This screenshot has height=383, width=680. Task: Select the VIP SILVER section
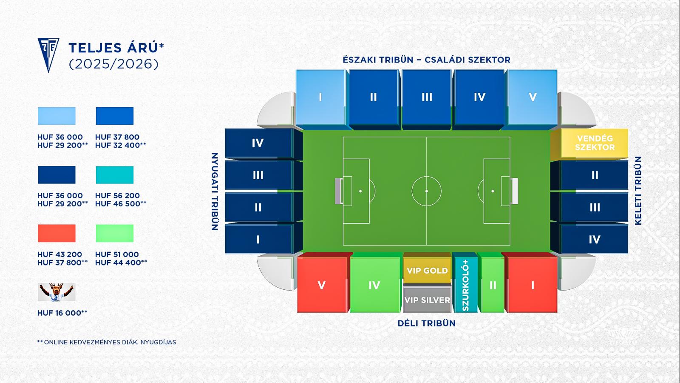427,300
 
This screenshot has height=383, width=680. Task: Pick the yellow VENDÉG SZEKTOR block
595,143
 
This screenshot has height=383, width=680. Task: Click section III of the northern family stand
427,97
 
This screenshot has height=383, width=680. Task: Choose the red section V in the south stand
322,285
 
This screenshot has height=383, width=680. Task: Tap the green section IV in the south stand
375,285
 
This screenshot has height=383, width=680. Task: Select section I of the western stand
258,239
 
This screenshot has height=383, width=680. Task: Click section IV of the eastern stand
595,239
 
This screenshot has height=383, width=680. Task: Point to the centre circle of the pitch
427,191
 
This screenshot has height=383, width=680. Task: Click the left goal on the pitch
338,191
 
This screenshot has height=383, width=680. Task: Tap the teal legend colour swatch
115,175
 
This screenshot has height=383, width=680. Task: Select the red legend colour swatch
57,233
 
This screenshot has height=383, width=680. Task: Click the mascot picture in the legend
57,292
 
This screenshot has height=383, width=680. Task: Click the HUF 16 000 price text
62,313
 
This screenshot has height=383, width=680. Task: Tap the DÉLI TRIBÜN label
427,323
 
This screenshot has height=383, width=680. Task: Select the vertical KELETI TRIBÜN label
638,191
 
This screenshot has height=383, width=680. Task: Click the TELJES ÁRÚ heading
116,48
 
